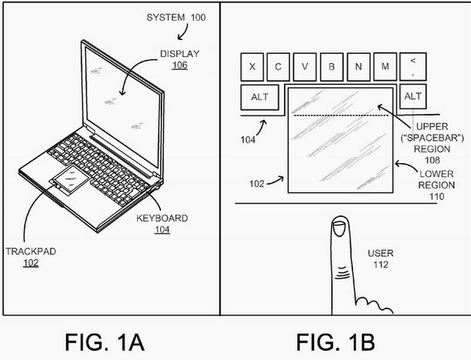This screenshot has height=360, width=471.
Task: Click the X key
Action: point(253,65)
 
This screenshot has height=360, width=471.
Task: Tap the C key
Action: point(279,65)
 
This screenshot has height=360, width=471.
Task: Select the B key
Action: point(332,65)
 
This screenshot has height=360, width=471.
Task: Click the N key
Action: point(358,65)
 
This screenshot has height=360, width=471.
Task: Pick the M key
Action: point(384,65)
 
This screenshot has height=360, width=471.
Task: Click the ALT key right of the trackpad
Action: point(413,97)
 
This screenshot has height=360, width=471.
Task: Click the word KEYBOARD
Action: point(164,218)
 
